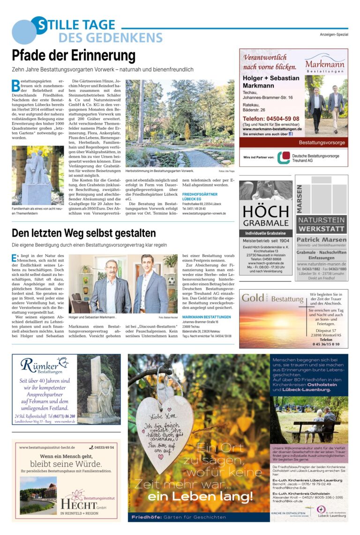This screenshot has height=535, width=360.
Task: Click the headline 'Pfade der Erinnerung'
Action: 74,56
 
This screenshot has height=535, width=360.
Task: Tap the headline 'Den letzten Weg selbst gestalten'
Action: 84,233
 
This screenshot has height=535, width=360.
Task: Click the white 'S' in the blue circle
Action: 41,25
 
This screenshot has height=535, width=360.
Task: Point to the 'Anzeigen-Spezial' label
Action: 334,35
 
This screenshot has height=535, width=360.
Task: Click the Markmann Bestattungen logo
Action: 325,64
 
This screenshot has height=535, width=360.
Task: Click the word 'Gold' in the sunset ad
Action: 253,298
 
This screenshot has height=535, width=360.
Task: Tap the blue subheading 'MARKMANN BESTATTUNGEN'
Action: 206,317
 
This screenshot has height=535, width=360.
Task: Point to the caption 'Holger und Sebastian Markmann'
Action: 92,317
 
